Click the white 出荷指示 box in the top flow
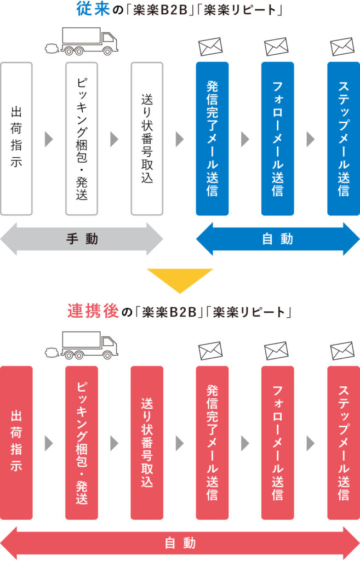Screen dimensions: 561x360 coord(16,139)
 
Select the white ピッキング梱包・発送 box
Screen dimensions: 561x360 coord(82,139)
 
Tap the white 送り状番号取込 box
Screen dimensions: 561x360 coord(147,139)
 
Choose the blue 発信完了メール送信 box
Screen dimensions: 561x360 coord(212,139)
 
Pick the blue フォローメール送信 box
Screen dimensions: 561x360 coord(277,139)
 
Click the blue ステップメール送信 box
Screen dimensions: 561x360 coord(343,139)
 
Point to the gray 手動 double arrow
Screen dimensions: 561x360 coord(82,239)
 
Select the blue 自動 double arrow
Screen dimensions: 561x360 coord(278,239)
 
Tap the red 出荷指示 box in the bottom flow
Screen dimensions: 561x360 coord(16,443)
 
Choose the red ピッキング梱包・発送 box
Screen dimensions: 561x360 coord(82,443)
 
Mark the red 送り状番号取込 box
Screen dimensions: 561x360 coord(147,443)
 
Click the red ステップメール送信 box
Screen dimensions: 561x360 coord(343,443)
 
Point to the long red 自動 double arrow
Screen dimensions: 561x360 coord(180,543)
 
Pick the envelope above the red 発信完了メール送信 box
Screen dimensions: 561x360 coord(210,350)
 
